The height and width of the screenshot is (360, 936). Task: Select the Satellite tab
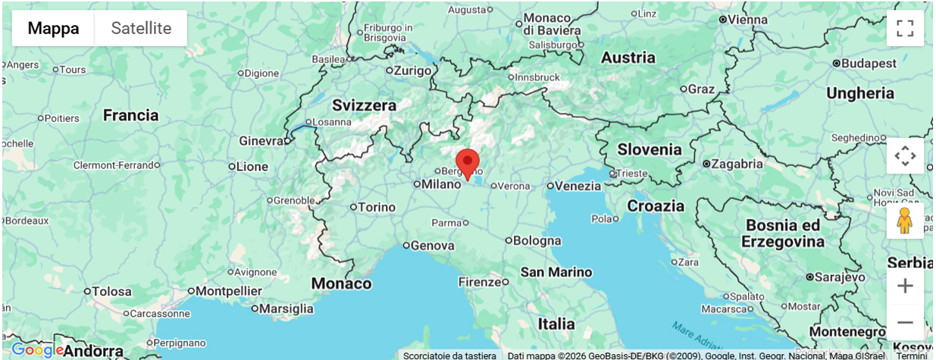pos(141,29)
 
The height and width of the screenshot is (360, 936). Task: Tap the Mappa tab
pos(53,29)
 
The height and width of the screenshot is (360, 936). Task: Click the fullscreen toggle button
pos(905,29)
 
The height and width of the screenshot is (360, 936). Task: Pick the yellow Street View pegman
pos(905,221)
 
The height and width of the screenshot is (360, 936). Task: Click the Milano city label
pos(441,184)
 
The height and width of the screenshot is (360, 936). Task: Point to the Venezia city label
pos(578,186)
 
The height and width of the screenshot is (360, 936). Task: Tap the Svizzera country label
pos(364,105)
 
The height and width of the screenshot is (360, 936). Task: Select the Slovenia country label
pos(650,149)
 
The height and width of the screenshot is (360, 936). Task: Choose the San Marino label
pos(556,272)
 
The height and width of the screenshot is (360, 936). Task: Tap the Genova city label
pos(433,246)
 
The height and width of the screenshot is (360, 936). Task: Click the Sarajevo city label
pos(841,277)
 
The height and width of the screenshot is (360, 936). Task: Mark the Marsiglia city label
pos(286,308)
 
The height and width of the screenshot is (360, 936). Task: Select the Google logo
pos(36,350)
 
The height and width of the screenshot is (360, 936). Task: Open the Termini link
pos(912,355)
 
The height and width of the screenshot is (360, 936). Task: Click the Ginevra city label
pos(261,141)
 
